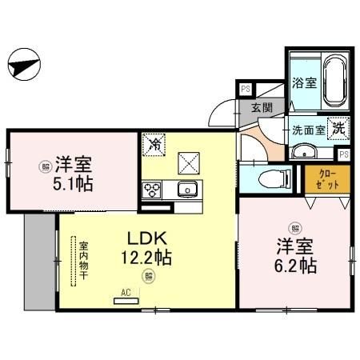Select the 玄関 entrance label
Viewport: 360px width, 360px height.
[x=262, y=107]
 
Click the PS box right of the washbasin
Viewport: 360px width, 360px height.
[x=343, y=154]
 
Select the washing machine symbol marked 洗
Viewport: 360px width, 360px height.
[x=338, y=127]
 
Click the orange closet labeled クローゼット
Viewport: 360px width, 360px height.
[x=327, y=178]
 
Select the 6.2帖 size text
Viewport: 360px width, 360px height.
[x=295, y=265]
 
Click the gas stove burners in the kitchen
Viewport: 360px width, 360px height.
[x=152, y=190]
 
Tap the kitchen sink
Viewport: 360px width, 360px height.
[x=188, y=190]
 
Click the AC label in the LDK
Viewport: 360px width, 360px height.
[x=125, y=293]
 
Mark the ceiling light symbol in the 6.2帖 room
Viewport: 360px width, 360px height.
[x=295, y=226]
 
